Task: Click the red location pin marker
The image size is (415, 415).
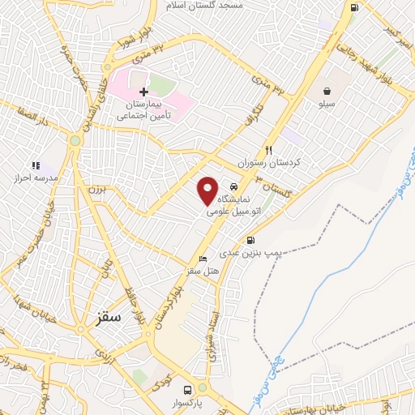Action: [207, 190]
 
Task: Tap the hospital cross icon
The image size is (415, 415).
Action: [143, 92]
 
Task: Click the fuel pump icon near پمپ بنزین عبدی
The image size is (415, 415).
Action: [250, 240]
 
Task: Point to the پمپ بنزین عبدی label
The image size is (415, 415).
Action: [253, 254]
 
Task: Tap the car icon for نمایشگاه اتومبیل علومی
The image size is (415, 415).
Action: [233, 186]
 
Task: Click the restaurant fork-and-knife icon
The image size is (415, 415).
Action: [268, 150]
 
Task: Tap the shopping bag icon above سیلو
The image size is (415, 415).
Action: [326, 92]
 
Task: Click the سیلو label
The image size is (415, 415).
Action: [326, 105]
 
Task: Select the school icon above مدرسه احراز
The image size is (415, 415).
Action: [35, 165]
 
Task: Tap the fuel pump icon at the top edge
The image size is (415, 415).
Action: [354, 7]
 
